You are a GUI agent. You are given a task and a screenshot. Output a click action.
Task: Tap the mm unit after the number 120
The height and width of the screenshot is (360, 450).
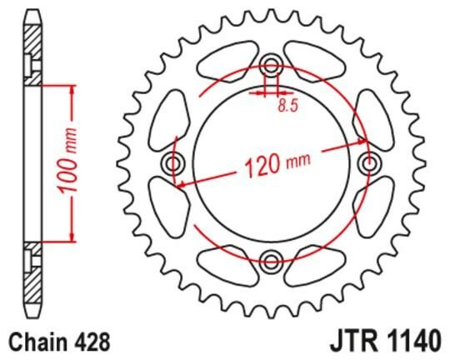(x=297, y=164)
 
